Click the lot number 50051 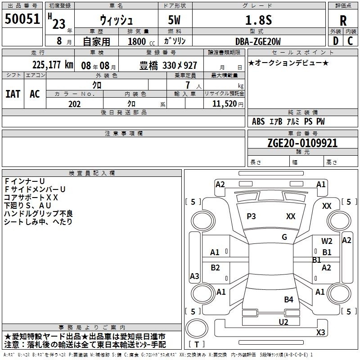coord(22,19)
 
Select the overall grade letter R coord(343,21)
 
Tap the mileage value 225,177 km coord(53,65)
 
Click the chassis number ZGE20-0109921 coord(302,143)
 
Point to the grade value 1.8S coord(258,20)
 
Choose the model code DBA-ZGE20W coord(258,41)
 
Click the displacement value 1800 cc coord(141,41)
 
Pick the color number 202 coord(74,104)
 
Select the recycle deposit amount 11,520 coord(225,104)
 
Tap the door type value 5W coord(174,20)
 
